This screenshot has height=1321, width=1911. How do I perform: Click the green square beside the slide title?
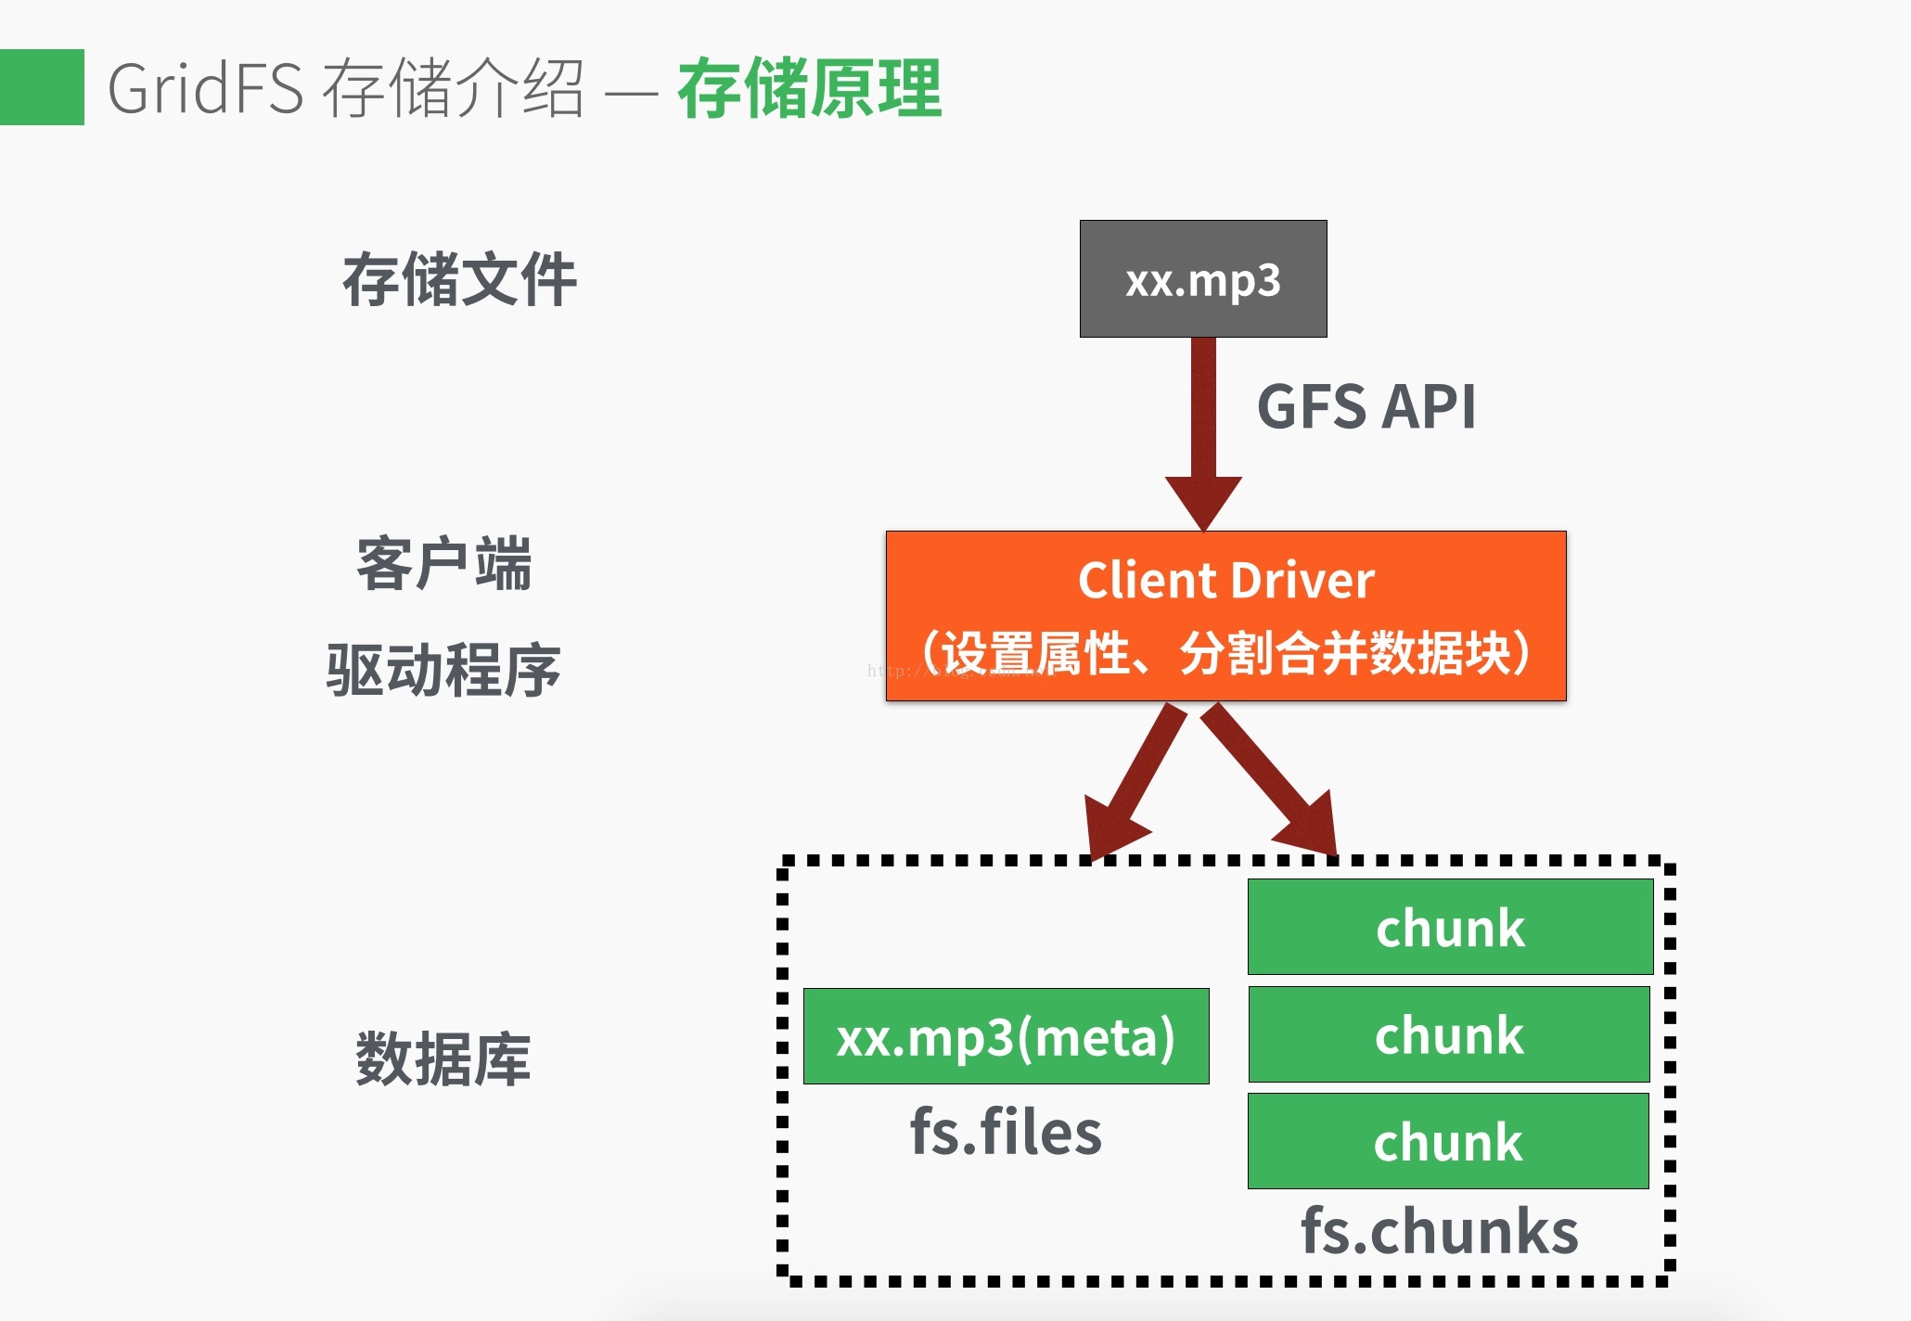point(42,87)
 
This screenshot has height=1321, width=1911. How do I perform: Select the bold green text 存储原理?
point(809,88)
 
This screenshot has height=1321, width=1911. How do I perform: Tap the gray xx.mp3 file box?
point(1203,279)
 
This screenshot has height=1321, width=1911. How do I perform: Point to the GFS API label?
point(1366,407)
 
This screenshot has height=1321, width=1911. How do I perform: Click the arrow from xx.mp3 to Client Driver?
point(1203,427)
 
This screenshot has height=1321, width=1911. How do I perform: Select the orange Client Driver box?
point(1225,615)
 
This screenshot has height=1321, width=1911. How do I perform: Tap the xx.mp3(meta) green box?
point(1006,1036)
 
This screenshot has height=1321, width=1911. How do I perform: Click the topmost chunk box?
point(1450,927)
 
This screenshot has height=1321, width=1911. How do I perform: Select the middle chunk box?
point(1449,1034)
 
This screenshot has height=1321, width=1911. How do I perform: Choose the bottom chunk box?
point(1448,1141)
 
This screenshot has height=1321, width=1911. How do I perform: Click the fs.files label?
point(1006,1132)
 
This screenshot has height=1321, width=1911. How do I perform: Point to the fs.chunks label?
point(1439,1232)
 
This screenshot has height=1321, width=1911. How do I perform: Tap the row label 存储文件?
point(459,279)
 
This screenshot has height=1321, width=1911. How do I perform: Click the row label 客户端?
point(443,563)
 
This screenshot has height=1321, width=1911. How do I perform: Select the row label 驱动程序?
point(443,670)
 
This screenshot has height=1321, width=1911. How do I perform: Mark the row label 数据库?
point(443,1058)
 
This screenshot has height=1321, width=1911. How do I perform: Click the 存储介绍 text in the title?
point(454,88)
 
